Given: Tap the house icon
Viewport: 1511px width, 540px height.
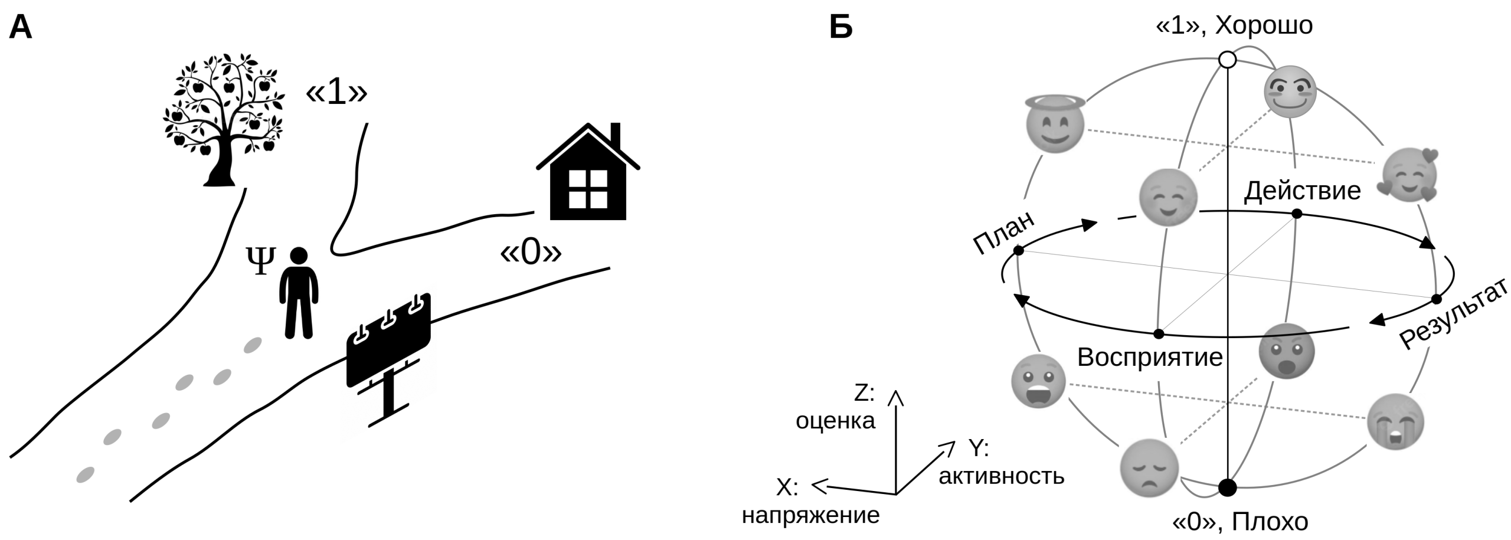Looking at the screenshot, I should pyautogui.click(x=588, y=177).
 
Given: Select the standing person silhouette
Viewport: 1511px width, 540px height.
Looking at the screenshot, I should pyautogui.click(x=299, y=293).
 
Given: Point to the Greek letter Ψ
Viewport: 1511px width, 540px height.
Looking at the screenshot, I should pyautogui.click(x=260, y=261).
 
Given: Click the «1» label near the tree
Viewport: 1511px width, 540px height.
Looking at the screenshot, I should pyautogui.click(x=336, y=93).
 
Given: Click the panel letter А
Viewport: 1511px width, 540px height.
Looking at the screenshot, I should pyautogui.click(x=21, y=27).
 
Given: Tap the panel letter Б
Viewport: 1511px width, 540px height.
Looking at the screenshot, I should pyautogui.click(x=840, y=27).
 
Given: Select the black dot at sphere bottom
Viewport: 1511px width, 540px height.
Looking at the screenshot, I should pyautogui.click(x=1228, y=487).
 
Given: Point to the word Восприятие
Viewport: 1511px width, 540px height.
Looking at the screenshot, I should pyautogui.click(x=1150, y=358).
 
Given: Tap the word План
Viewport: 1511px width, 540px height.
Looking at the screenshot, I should pyautogui.click(x=1004, y=233).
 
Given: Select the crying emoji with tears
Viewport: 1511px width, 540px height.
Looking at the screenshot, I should pyautogui.click(x=1395, y=422).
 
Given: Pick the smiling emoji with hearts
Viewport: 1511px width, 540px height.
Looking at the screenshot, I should pyautogui.click(x=1409, y=176).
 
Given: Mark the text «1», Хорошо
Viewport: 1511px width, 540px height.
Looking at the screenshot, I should pyautogui.click(x=1234, y=25).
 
